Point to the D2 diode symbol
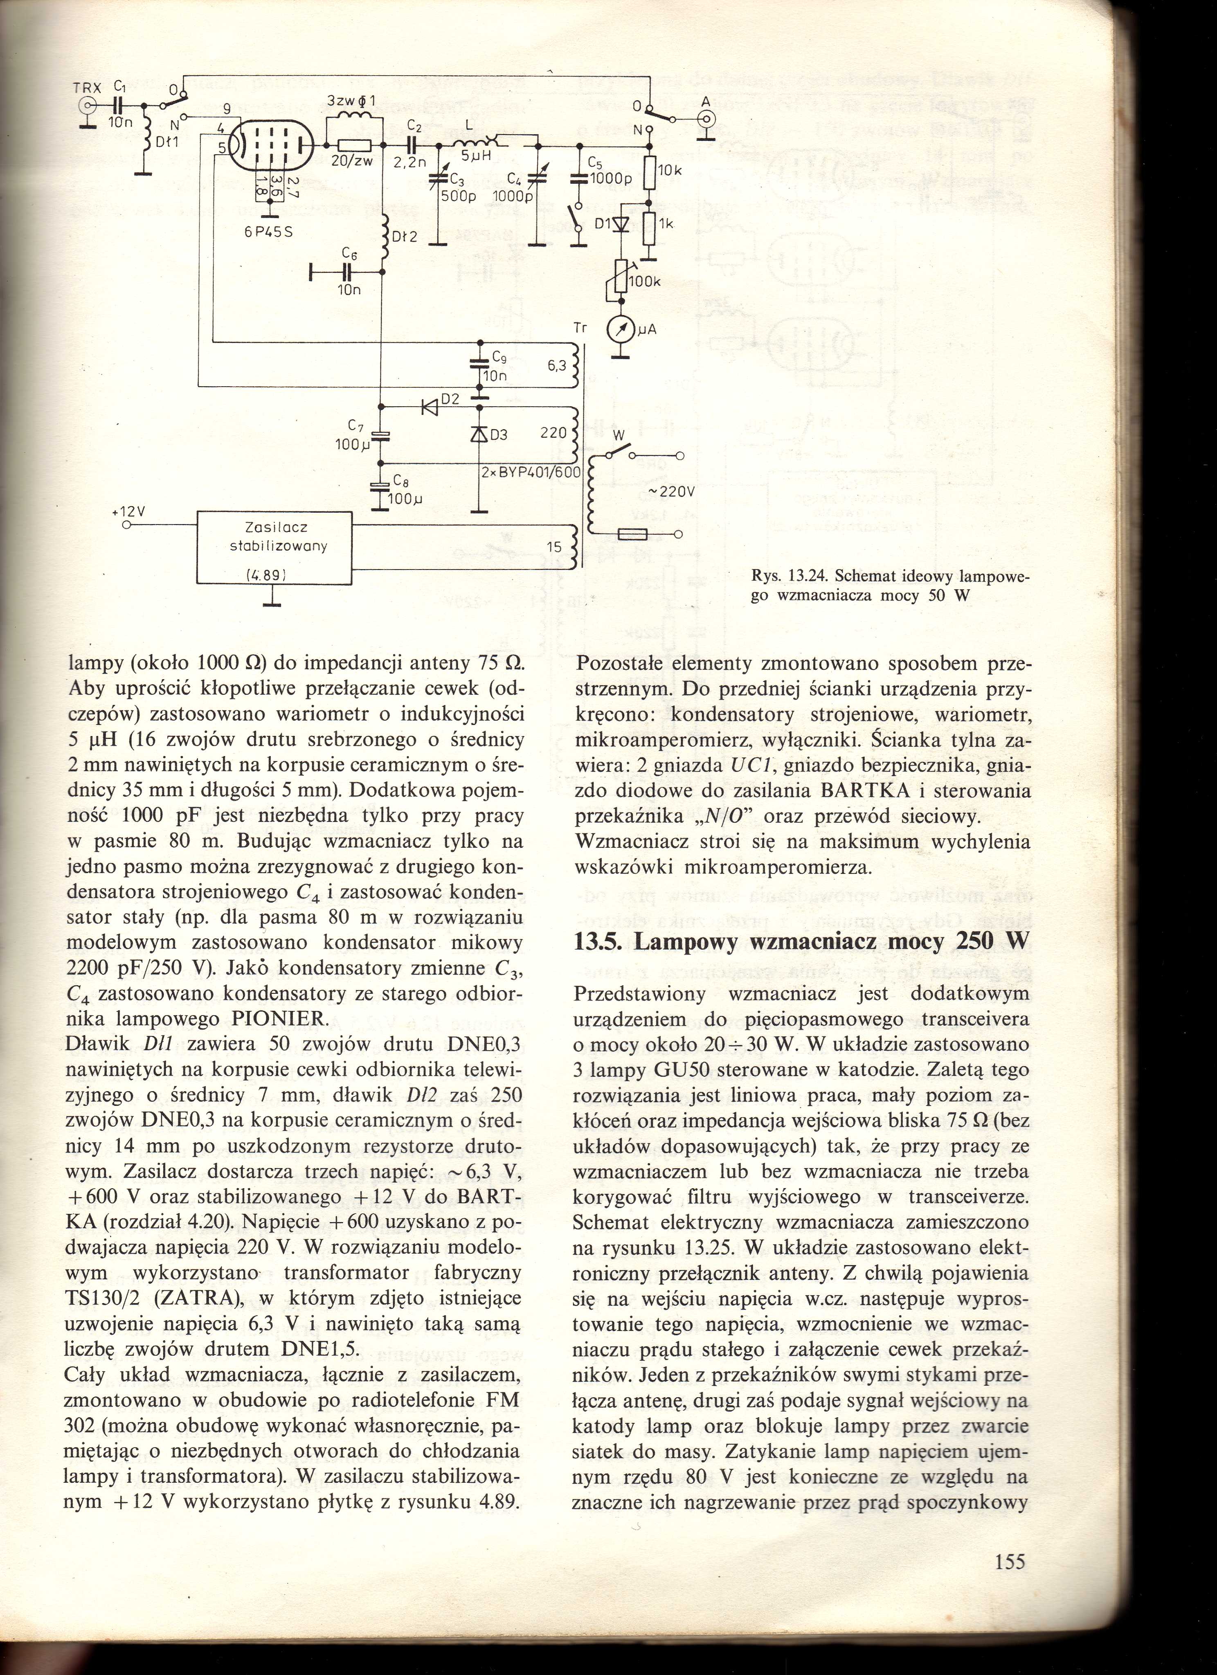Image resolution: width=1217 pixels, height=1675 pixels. [x=429, y=407]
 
